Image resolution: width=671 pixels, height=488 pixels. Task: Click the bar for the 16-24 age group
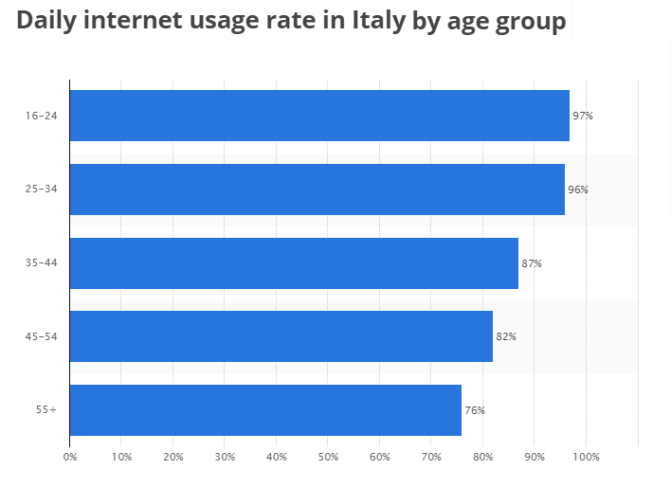point(319,116)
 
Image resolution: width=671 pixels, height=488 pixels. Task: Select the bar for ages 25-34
point(317,190)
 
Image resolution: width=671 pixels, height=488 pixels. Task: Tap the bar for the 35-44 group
point(294,262)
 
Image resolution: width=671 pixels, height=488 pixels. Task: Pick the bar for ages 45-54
point(281,336)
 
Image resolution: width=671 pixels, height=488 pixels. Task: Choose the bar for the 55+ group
point(265,409)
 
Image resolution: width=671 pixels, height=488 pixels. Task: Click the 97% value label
point(582,116)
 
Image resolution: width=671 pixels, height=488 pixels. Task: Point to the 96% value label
point(577,190)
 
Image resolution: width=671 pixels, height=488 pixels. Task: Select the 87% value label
point(531,263)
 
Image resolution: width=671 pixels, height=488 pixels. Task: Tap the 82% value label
point(505,336)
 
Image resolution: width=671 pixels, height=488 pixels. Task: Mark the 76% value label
point(474,410)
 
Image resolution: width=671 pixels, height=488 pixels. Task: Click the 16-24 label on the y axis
point(43,116)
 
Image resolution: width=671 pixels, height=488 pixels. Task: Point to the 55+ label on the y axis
point(47,410)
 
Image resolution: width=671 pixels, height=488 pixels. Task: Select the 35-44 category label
point(43,262)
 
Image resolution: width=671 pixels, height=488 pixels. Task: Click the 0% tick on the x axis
point(70,457)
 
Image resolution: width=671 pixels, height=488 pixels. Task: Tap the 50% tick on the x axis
point(328,457)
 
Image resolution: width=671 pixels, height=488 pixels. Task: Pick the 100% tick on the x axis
point(587,457)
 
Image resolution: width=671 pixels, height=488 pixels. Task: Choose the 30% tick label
point(225,457)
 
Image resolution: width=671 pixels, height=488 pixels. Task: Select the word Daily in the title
point(47,21)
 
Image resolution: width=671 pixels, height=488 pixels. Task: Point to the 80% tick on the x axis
point(482,457)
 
